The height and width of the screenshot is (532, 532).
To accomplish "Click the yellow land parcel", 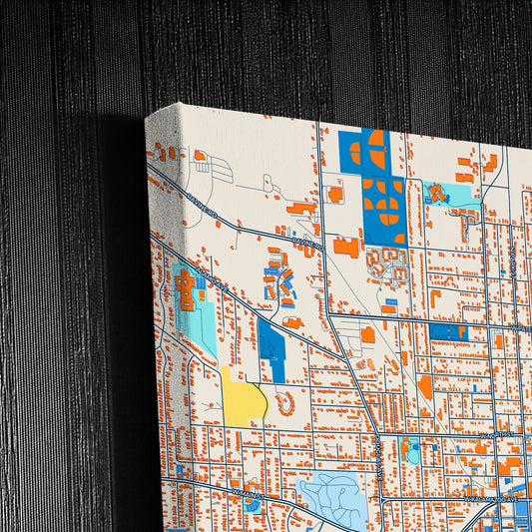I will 245,399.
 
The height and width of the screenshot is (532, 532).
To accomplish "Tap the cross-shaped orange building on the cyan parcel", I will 186,288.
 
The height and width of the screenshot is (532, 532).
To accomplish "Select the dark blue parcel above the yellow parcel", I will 272,349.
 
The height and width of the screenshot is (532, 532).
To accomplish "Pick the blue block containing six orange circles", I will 383,210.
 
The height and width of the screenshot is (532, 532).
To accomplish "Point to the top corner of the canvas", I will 147,116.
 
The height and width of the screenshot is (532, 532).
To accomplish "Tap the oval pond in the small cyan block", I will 412,452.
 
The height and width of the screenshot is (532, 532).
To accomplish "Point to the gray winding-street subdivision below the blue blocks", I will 384,266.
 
